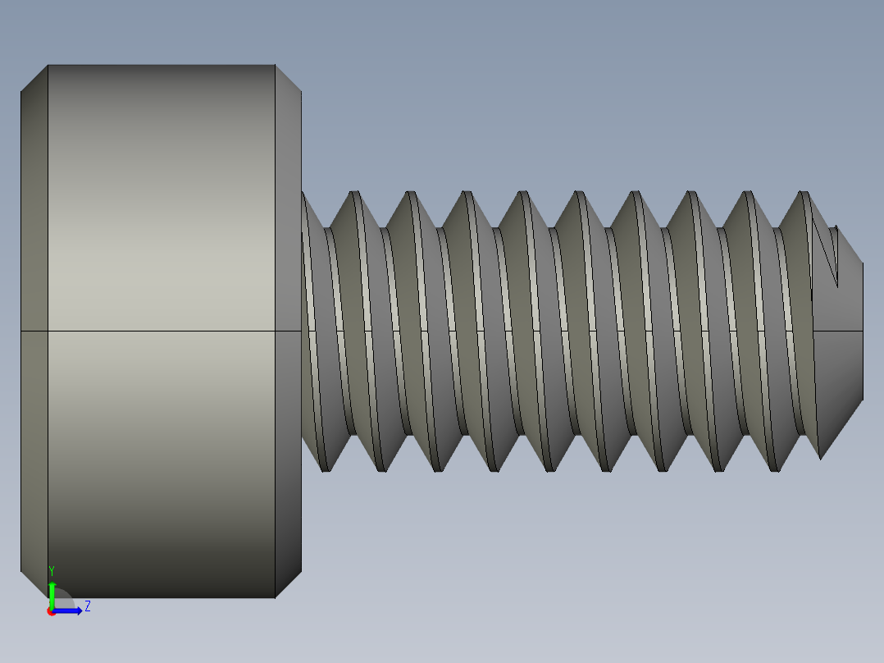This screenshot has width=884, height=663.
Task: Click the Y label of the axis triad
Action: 52,569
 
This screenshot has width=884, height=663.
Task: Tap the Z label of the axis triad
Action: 87,606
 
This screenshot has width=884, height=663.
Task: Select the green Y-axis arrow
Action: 52,593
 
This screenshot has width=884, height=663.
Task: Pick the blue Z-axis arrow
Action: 69,610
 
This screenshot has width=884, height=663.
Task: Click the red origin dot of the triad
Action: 51,611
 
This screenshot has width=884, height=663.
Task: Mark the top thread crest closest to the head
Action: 355,194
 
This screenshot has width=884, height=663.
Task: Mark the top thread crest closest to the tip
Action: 804,194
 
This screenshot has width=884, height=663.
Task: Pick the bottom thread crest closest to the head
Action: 326,469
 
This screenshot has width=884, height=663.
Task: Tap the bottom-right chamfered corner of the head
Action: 288,583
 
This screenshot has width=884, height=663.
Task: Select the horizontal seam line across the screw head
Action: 161,331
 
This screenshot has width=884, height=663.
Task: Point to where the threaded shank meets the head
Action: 303,328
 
